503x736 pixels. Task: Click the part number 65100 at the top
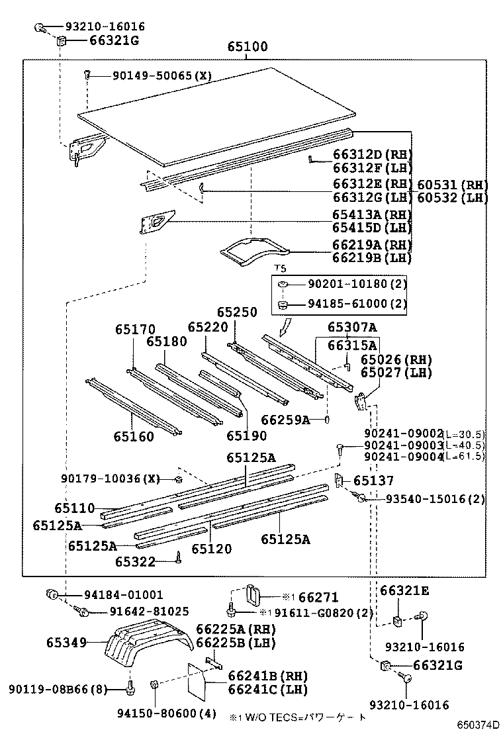click(x=248, y=47)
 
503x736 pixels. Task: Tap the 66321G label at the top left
click(x=114, y=40)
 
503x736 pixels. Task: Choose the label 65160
click(x=133, y=436)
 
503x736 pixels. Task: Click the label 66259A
click(x=285, y=420)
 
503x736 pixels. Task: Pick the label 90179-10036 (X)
click(x=111, y=479)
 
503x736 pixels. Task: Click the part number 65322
click(x=135, y=562)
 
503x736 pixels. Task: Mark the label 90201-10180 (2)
click(x=357, y=283)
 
